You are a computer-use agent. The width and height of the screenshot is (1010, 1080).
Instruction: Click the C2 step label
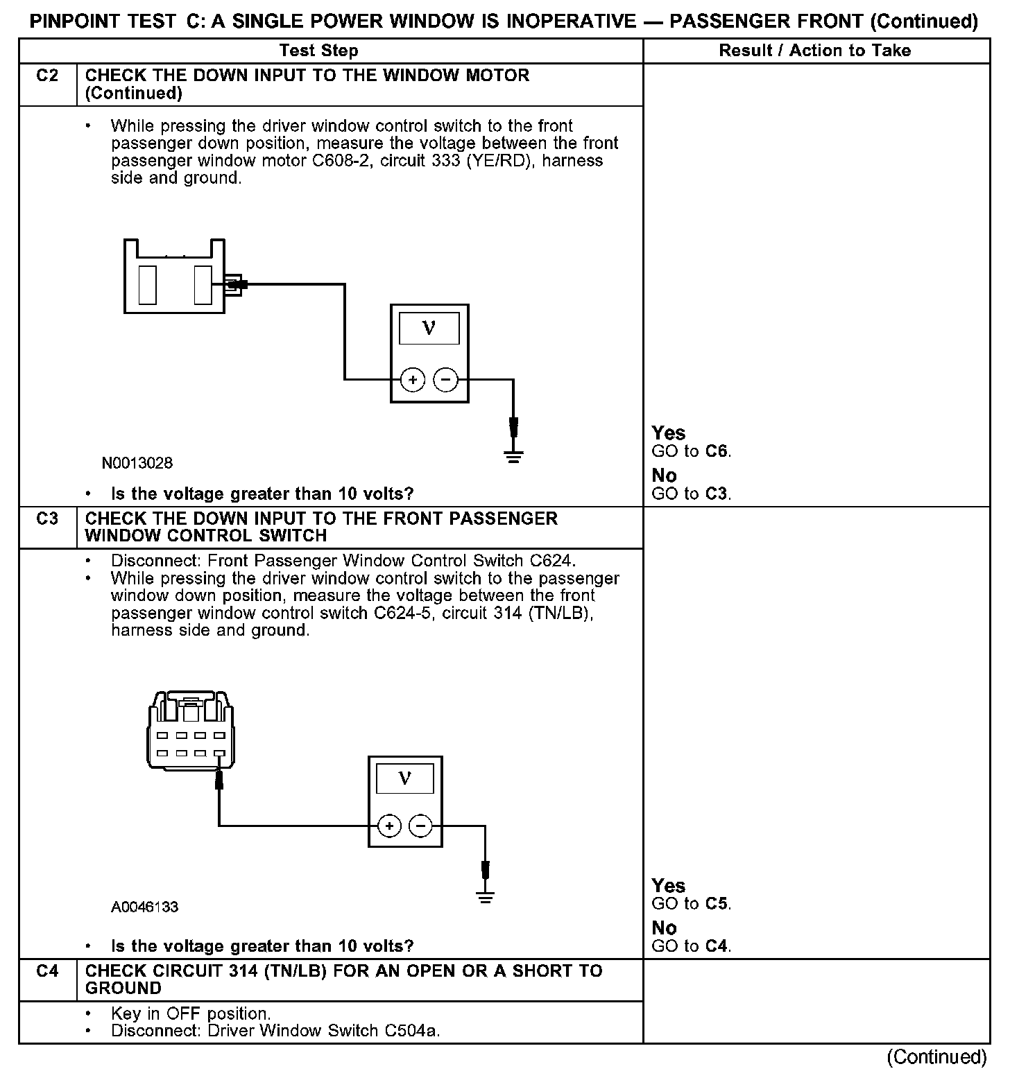[x=47, y=76]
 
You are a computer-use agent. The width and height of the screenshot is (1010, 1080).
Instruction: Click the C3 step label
[x=47, y=519]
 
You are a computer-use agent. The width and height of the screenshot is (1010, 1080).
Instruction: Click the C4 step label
[x=47, y=971]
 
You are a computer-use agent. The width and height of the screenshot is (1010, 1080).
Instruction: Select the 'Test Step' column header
[x=318, y=51]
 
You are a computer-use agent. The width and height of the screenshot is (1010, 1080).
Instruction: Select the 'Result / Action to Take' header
[x=815, y=51]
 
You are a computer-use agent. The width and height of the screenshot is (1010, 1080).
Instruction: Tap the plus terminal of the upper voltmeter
[x=413, y=380]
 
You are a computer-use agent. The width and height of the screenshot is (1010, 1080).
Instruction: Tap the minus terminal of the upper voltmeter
[x=446, y=380]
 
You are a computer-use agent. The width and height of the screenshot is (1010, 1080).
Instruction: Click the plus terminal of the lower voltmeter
[x=390, y=826]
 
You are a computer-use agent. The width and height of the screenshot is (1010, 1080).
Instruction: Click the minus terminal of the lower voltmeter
[x=420, y=826]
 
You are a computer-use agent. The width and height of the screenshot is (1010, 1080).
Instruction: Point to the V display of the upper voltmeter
[x=429, y=328]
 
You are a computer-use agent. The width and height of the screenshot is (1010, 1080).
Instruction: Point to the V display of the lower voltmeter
[x=405, y=778]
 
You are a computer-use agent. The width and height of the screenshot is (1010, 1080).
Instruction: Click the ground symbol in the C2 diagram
[x=513, y=456]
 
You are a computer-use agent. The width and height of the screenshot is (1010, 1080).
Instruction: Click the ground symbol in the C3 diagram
[x=486, y=898]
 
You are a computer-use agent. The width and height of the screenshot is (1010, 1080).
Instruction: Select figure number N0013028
[x=137, y=463]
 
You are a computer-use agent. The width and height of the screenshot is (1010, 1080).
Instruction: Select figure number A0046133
[x=144, y=907]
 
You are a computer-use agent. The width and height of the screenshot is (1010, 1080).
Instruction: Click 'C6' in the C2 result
[x=717, y=451]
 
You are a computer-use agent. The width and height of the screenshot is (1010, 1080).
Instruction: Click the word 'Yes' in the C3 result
[x=668, y=886]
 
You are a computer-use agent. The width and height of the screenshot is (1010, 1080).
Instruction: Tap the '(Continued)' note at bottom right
[x=936, y=1056]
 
